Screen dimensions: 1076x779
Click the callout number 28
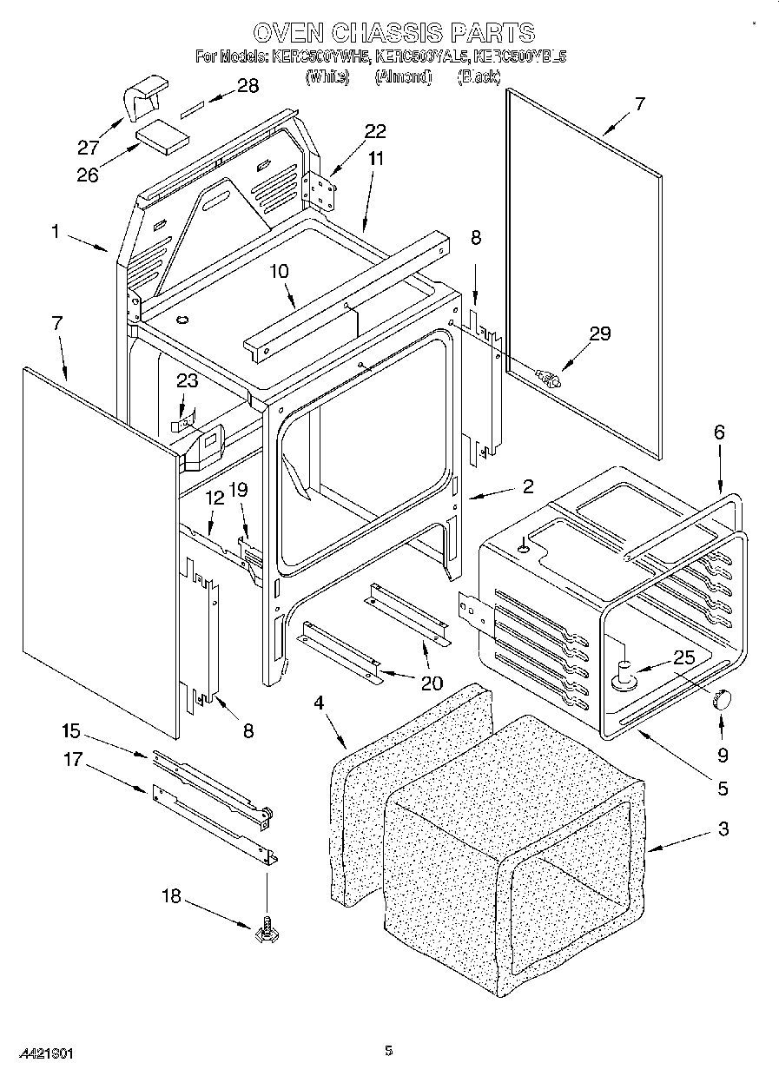point(248,85)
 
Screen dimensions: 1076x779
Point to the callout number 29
point(599,333)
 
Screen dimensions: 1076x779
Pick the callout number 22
point(375,131)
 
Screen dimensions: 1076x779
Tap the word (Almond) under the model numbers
point(403,77)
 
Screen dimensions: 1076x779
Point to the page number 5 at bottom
point(389,1051)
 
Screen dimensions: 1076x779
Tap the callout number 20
point(431,683)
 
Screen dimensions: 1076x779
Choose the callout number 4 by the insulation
point(319,703)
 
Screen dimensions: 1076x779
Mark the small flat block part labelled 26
point(163,137)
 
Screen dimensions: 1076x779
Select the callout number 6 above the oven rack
point(718,432)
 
